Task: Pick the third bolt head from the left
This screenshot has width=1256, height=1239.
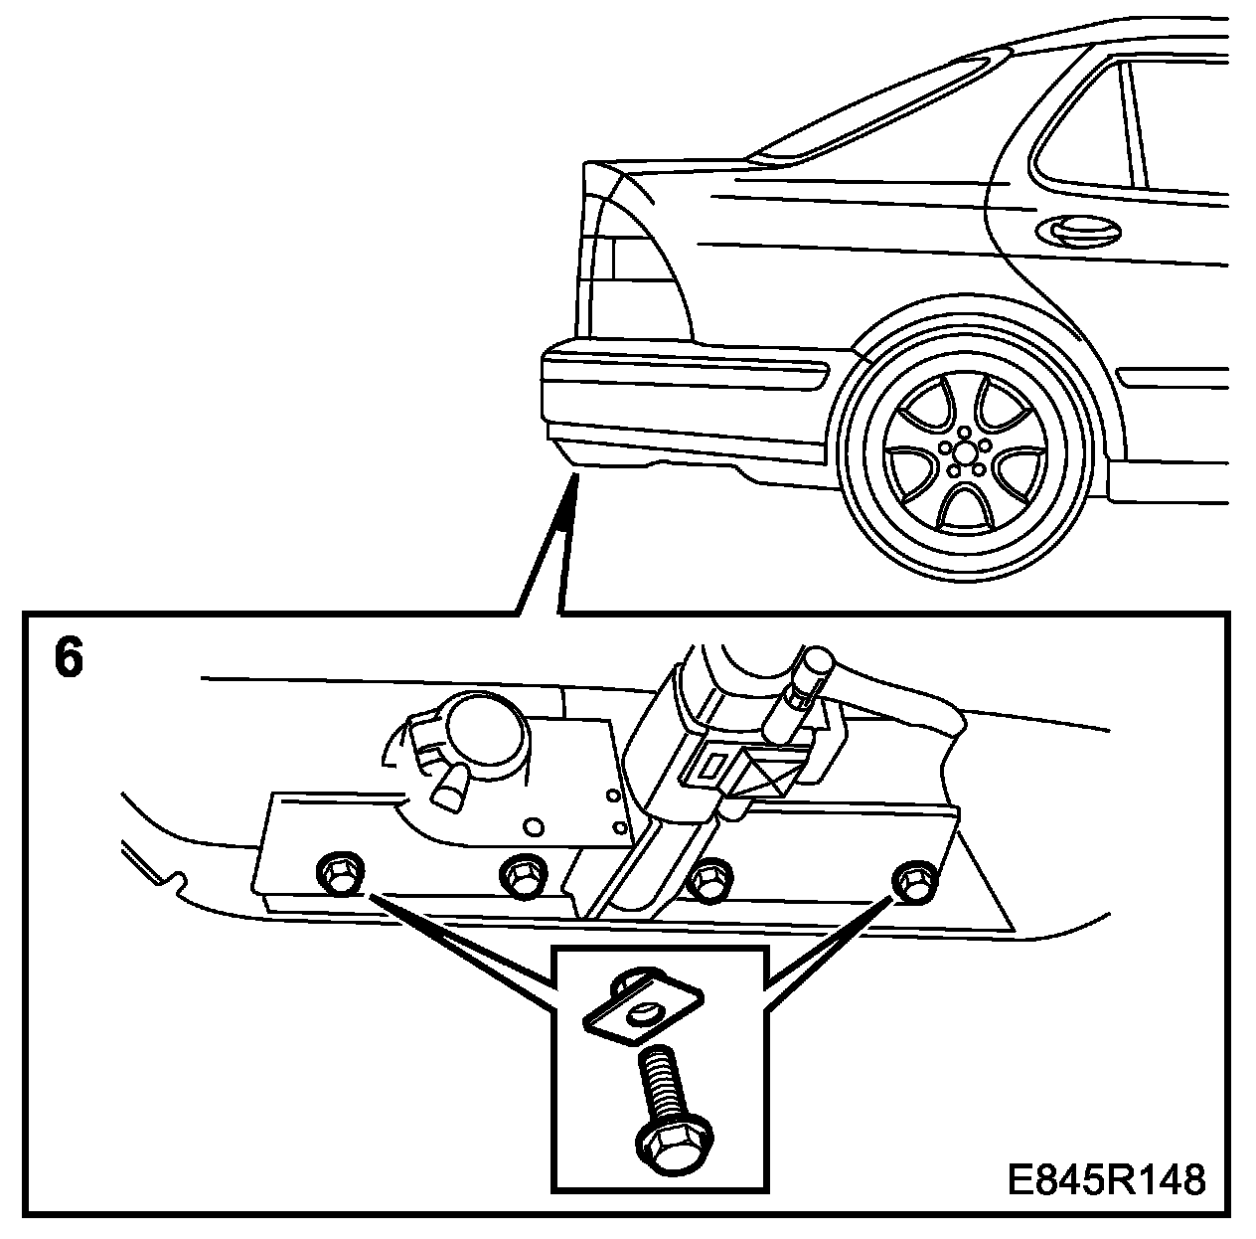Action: pos(708,879)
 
